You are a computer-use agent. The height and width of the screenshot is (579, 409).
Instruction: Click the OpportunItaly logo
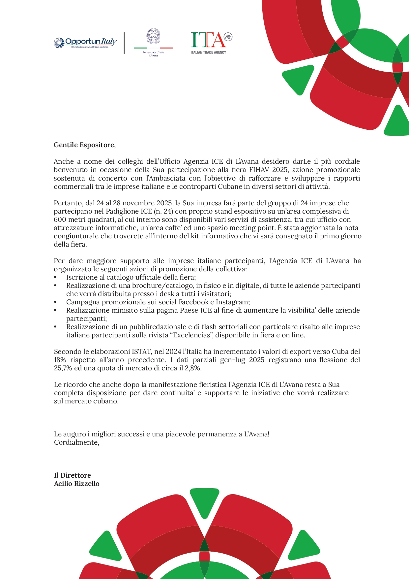pyautogui.click(x=85, y=43)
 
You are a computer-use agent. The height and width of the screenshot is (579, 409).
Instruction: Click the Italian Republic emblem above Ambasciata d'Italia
pyautogui.click(x=153, y=36)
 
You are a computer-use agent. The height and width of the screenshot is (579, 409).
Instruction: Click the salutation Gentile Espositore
pyautogui.click(x=85, y=145)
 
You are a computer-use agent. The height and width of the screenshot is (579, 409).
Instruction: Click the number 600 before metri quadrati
pyautogui.click(x=60, y=220)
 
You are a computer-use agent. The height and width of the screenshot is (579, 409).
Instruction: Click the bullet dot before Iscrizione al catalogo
pyautogui.click(x=55, y=278)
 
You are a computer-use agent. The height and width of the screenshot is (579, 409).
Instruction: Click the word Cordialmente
pyautogui.click(x=76, y=442)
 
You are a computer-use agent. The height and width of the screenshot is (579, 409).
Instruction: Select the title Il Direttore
pyautogui.click(x=73, y=475)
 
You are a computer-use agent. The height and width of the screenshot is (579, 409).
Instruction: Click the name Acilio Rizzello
pyautogui.click(x=77, y=484)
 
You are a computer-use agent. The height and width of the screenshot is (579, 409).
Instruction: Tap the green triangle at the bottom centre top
pyautogui.click(x=204, y=501)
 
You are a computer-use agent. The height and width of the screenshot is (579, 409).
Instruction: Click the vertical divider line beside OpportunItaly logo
pyautogui.click(x=124, y=43)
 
